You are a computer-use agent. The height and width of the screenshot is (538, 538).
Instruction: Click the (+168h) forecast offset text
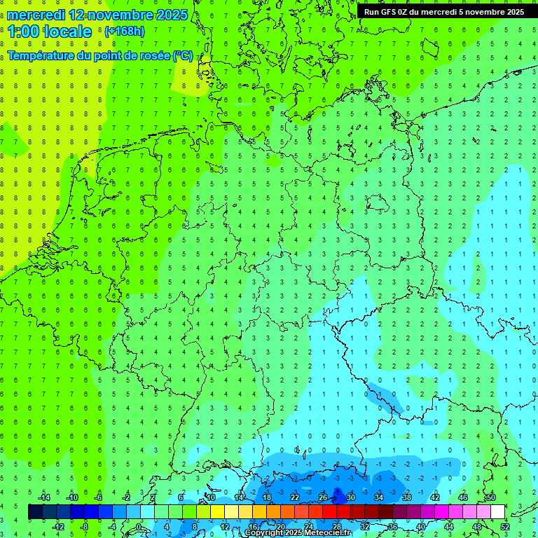[x=124, y=32]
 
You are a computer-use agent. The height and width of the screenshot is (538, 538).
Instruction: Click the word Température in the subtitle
[x=43, y=56]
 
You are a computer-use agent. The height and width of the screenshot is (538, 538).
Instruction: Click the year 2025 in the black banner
[x=511, y=12]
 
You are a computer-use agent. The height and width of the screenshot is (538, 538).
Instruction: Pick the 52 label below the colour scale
[x=504, y=527]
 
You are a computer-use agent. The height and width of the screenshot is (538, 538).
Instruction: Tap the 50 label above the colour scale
[x=490, y=497]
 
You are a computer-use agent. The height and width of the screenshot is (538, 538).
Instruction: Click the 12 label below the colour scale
[x=225, y=527]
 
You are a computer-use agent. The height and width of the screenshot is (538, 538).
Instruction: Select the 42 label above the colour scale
[x=434, y=497]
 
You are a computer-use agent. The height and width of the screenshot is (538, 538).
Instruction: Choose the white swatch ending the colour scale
[x=497, y=512]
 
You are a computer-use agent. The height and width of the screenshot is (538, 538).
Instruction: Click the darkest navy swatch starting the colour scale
[x=35, y=512]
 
